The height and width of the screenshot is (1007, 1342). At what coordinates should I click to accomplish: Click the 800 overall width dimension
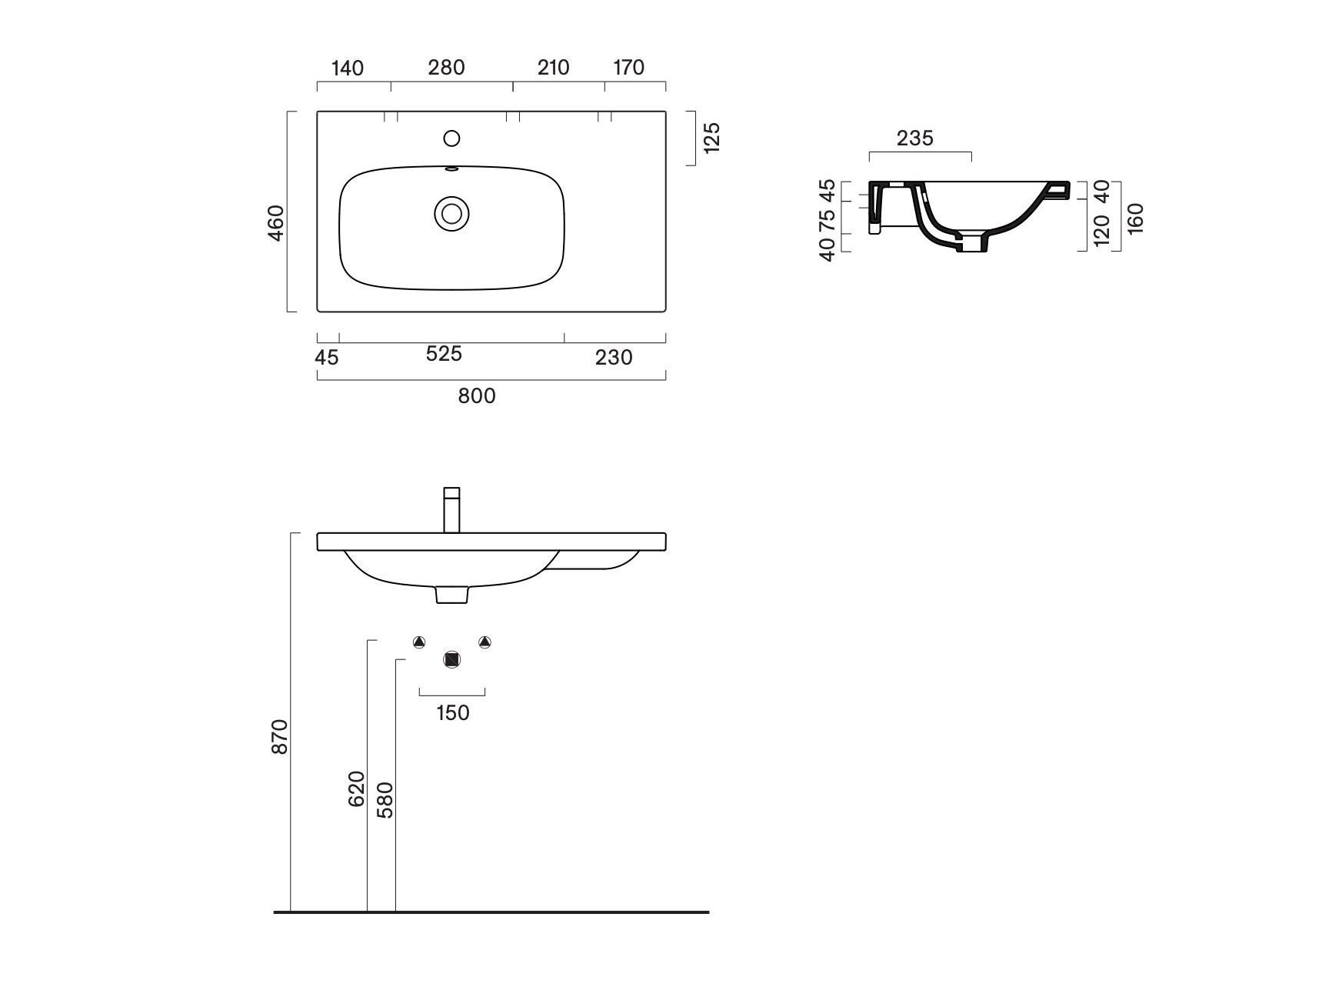[x=477, y=396]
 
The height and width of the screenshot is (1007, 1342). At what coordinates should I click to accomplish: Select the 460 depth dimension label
[x=276, y=222]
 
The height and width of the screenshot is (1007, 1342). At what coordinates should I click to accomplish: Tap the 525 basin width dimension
[x=444, y=354]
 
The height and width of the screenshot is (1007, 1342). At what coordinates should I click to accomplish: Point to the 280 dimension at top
[x=446, y=68]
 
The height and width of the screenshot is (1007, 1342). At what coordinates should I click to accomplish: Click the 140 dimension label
[x=347, y=68]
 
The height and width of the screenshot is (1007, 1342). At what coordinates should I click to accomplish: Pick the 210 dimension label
[x=553, y=68]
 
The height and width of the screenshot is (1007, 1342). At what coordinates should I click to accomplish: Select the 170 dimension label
[x=628, y=68]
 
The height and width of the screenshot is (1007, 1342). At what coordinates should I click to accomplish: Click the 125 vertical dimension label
[x=711, y=137]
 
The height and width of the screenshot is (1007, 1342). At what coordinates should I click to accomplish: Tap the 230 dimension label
[x=614, y=358]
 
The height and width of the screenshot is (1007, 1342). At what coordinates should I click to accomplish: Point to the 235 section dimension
[x=914, y=138]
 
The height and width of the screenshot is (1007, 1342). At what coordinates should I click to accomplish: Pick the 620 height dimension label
[x=356, y=789]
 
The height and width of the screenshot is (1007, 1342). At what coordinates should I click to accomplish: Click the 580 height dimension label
[x=385, y=800]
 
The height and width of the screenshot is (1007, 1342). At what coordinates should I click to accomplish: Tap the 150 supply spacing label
[x=452, y=713]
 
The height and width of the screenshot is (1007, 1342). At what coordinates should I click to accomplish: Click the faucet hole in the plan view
[x=452, y=138]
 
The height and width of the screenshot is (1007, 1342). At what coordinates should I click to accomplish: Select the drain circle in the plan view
[x=451, y=213]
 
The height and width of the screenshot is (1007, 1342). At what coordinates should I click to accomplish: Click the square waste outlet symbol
[x=452, y=660]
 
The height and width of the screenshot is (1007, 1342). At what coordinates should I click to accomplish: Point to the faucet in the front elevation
[x=452, y=510]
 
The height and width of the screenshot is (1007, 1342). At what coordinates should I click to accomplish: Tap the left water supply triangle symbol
[x=419, y=642]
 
